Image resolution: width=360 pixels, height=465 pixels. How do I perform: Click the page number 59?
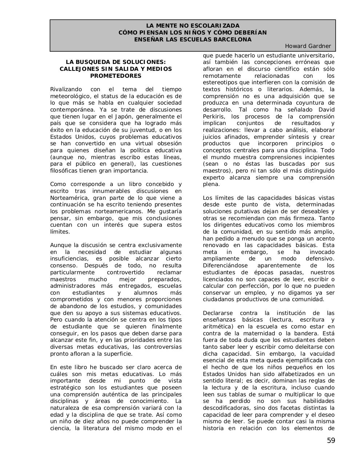331,441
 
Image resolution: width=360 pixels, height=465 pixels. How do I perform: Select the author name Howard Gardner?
308,46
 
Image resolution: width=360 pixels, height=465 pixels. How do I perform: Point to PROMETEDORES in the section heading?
116,76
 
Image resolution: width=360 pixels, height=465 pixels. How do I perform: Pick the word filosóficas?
65,171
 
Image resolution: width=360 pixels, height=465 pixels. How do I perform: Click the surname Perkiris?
214,117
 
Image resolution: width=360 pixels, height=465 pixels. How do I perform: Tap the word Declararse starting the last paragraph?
218,313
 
